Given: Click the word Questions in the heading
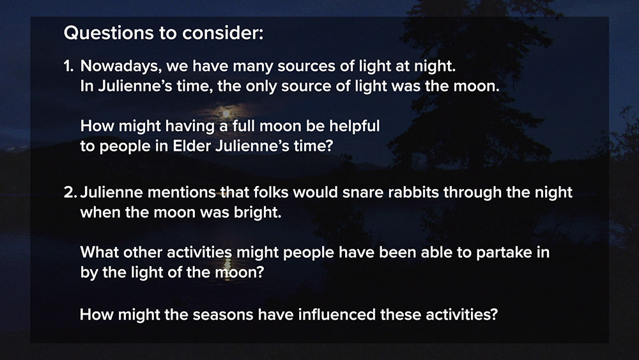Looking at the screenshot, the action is tap(107, 33).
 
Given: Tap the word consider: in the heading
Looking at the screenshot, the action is tap(222, 33).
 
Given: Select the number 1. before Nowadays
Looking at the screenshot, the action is tap(68, 66).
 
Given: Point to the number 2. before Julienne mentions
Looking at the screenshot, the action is tap(70, 192).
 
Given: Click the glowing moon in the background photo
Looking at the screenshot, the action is tap(226, 113).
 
